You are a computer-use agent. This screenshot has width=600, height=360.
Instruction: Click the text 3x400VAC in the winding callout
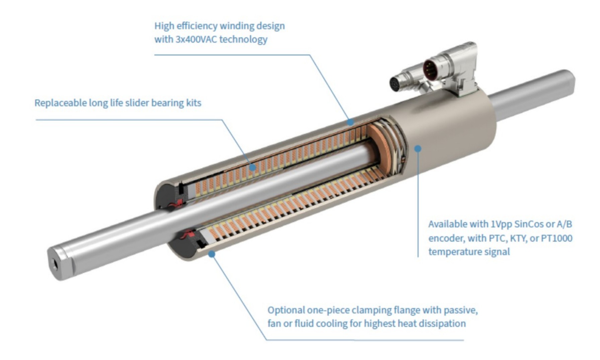pyautogui.click(x=196, y=39)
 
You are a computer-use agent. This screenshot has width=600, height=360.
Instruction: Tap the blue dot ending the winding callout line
pyautogui.click(x=350, y=122)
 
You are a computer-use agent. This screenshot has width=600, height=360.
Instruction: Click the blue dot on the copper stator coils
pyautogui.click(x=253, y=167)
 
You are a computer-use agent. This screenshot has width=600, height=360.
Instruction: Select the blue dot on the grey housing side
pyautogui.click(x=418, y=148)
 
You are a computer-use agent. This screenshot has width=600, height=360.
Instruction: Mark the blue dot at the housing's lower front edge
pyautogui.click(x=212, y=254)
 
